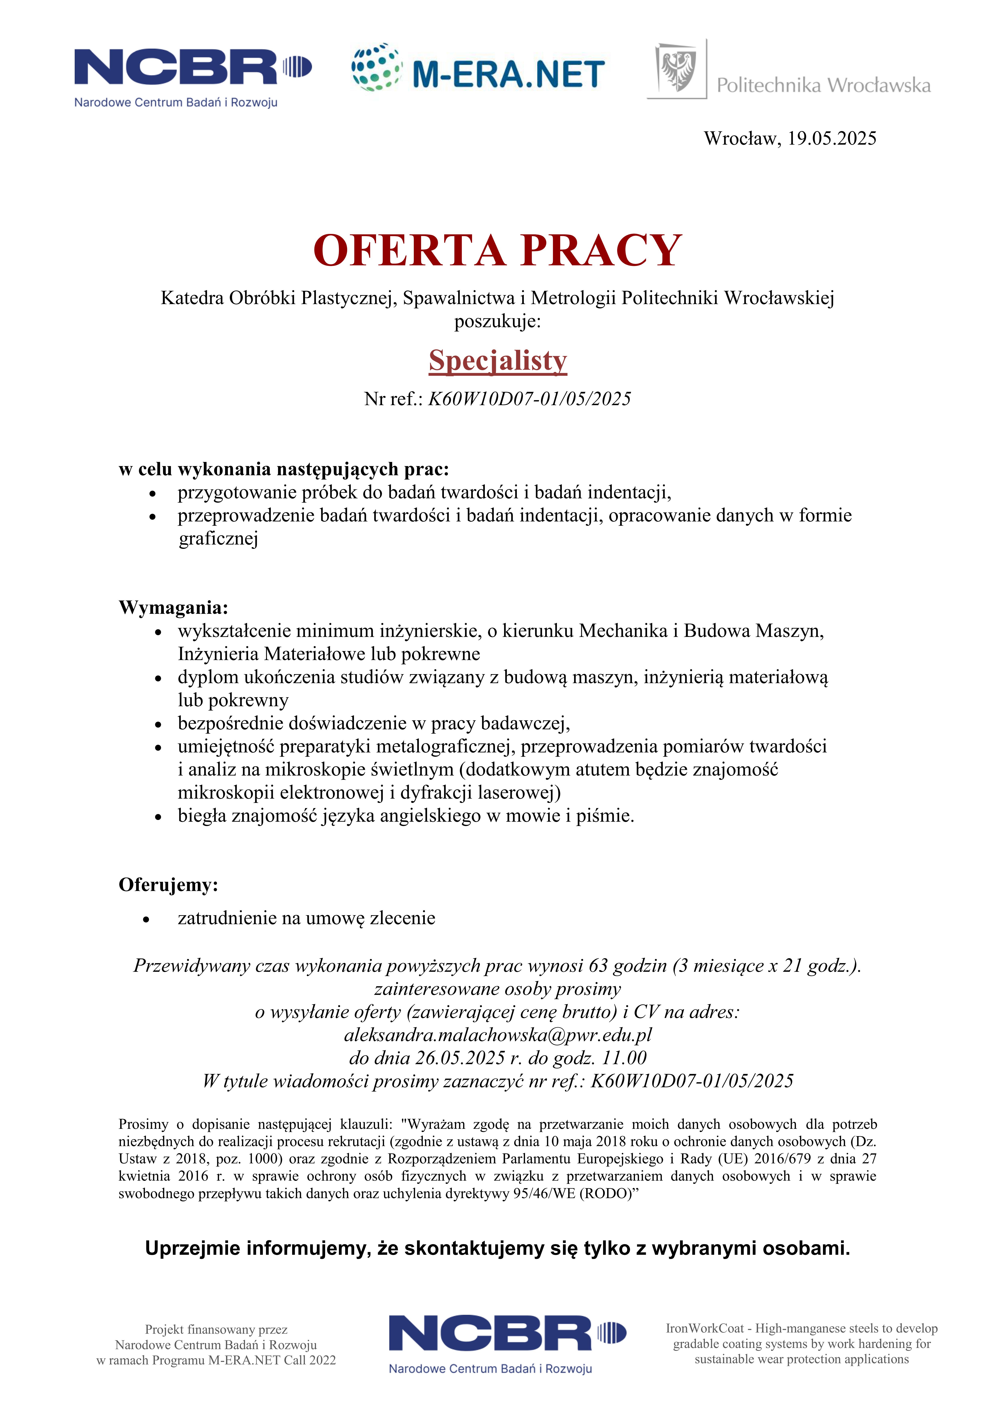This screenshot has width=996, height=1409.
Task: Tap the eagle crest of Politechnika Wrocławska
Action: click(x=677, y=69)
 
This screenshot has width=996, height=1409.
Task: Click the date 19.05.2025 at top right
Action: click(x=832, y=139)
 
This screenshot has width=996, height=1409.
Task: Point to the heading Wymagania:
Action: click(x=173, y=608)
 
